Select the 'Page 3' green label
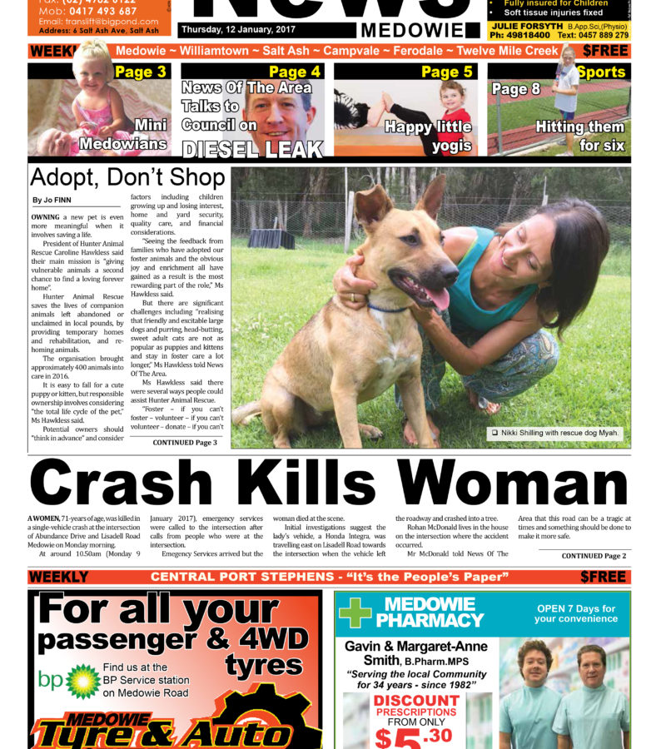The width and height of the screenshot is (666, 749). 140,72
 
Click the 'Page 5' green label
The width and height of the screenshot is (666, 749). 446,72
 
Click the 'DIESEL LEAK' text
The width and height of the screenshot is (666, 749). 252,150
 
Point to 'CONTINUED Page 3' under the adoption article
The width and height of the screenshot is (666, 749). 185,443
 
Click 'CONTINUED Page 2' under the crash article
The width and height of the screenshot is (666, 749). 594,556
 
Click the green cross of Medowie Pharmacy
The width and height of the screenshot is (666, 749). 355,613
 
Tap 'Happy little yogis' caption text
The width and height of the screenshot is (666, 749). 428,136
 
